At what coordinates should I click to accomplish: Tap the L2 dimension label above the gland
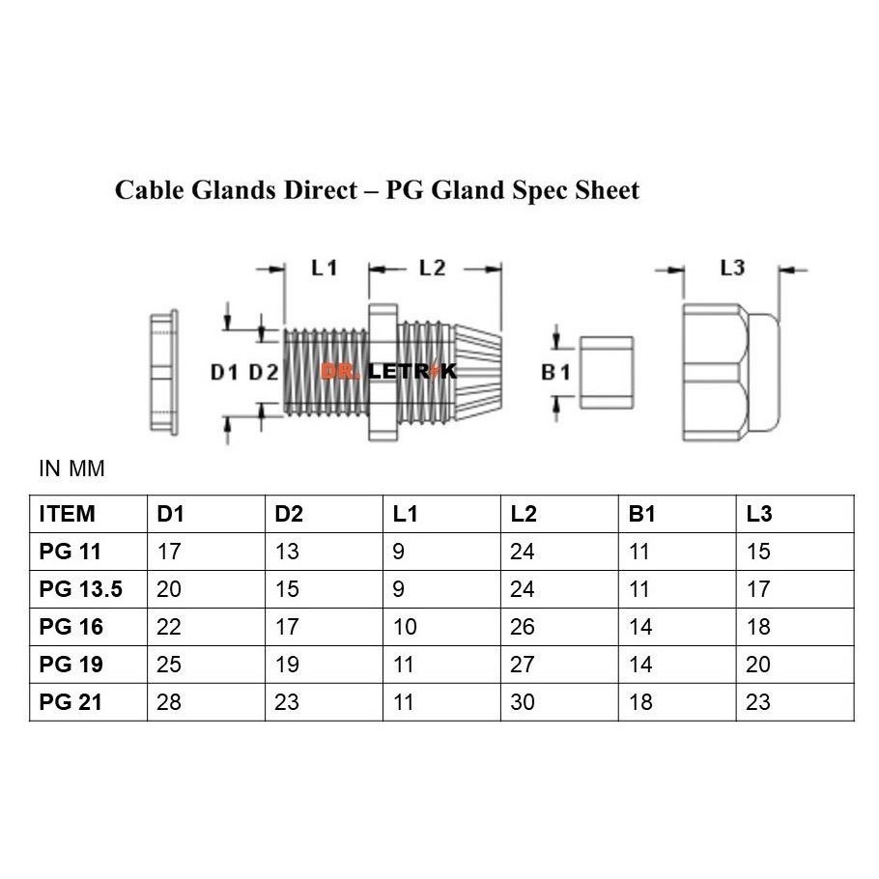(x=432, y=269)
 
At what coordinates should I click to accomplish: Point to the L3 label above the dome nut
(x=732, y=268)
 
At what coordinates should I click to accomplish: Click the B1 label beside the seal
(x=555, y=371)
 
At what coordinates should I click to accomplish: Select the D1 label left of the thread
(x=224, y=371)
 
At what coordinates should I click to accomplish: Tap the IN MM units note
(x=71, y=469)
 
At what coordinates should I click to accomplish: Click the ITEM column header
(x=67, y=514)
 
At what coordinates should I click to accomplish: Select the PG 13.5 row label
(x=81, y=589)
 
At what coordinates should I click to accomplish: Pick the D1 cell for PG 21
(x=170, y=702)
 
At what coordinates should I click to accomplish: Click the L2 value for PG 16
(x=523, y=627)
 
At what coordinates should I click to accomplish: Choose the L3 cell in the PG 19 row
(x=758, y=665)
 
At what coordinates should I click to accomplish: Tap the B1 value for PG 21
(x=639, y=702)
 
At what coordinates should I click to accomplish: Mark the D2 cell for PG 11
(x=287, y=552)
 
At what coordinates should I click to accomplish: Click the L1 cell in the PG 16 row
(x=405, y=627)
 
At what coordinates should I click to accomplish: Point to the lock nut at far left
(x=163, y=372)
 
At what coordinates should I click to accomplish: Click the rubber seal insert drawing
(x=606, y=372)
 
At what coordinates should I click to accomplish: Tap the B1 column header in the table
(x=641, y=514)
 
